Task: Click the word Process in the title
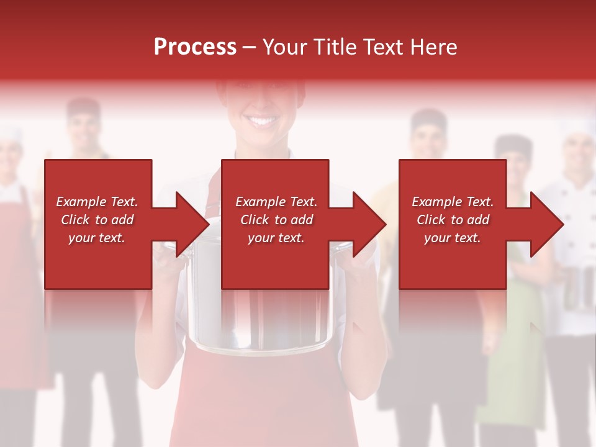[195, 47]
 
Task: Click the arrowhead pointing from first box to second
[192, 224]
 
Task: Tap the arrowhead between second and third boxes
[369, 224]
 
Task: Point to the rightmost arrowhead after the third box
[547, 224]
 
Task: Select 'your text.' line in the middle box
[276, 238]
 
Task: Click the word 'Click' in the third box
[431, 220]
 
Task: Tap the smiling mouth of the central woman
[262, 120]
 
